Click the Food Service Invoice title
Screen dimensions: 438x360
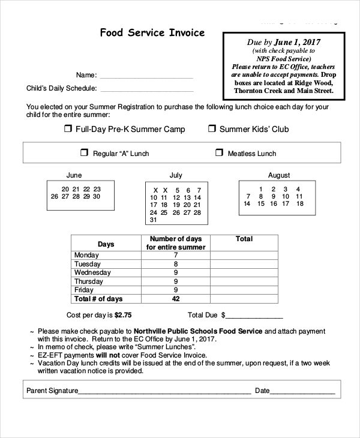(x=152, y=32)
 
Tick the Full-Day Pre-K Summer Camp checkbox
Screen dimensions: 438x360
(x=68, y=128)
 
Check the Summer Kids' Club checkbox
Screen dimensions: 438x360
(x=212, y=128)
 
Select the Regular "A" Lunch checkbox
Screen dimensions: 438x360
(x=84, y=153)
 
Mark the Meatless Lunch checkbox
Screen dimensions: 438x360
(x=218, y=153)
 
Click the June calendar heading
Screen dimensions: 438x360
(x=74, y=175)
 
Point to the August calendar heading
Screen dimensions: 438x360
(x=278, y=175)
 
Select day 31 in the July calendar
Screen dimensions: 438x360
(x=154, y=220)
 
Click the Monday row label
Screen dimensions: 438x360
(x=86, y=255)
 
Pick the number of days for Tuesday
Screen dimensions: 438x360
(x=176, y=263)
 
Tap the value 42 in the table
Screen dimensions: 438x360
(x=176, y=298)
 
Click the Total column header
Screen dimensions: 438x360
(x=244, y=239)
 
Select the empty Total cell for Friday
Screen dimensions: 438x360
(x=244, y=290)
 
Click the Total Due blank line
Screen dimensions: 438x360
(x=254, y=316)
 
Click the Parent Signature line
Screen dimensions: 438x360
(x=164, y=392)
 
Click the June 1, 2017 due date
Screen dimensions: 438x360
(x=298, y=43)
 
